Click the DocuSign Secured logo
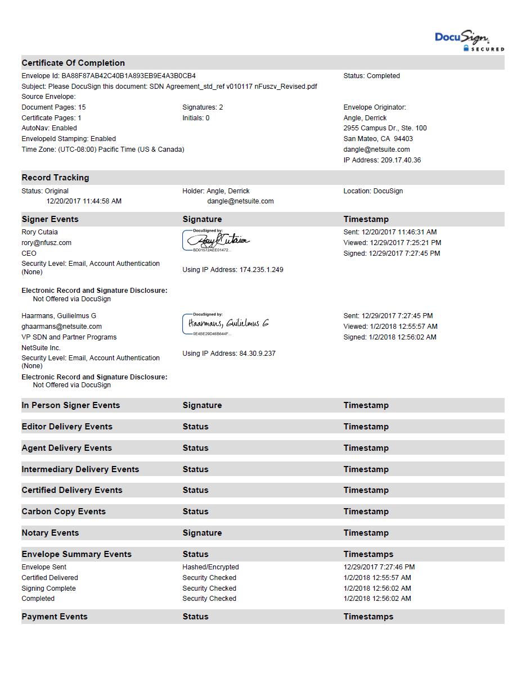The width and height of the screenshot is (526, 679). click(x=469, y=41)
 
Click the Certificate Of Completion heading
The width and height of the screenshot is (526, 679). click(x=73, y=63)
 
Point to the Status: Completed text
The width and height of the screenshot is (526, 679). click(x=371, y=76)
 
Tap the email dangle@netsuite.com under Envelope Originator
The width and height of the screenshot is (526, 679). click(x=376, y=150)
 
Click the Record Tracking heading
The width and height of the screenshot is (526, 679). click(x=55, y=178)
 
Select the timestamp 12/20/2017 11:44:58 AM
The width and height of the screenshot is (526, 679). click(x=84, y=201)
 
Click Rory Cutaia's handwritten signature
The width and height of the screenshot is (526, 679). click(x=217, y=241)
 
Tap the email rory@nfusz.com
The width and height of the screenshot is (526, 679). click(x=46, y=243)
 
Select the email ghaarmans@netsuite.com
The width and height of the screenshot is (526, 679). click(x=61, y=327)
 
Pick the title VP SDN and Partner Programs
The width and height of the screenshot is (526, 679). click(x=69, y=337)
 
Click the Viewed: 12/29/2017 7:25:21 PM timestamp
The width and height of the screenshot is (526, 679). click(x=392, y=243)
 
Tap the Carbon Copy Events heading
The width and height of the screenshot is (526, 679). click(x=64, y=511)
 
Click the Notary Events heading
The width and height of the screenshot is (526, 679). click(x=50, y=533)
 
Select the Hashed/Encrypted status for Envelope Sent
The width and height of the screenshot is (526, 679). click(x=210, y=567)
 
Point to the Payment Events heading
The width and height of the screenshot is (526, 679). click(x=55, y=617)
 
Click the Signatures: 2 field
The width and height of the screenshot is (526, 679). click(x=203, y=107)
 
